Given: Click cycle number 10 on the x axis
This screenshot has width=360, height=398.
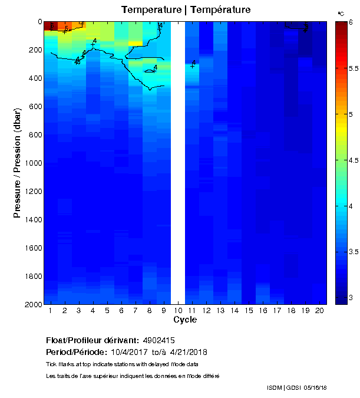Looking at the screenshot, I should tap(177, 311).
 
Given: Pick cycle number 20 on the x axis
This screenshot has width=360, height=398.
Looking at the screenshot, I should tap(319, 311).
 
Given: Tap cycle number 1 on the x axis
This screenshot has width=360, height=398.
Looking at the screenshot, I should tap(51, 311).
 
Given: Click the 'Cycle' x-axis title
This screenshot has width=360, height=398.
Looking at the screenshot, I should tap(185, 320).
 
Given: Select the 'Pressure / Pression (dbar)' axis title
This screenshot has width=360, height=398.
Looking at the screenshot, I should tap(17, 163).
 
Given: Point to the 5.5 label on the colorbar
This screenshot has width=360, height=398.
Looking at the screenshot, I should tap(346, 68).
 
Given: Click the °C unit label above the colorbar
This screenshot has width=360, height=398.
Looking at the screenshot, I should tap(341, 13).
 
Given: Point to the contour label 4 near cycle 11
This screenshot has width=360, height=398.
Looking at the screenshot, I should tap(193, 63).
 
